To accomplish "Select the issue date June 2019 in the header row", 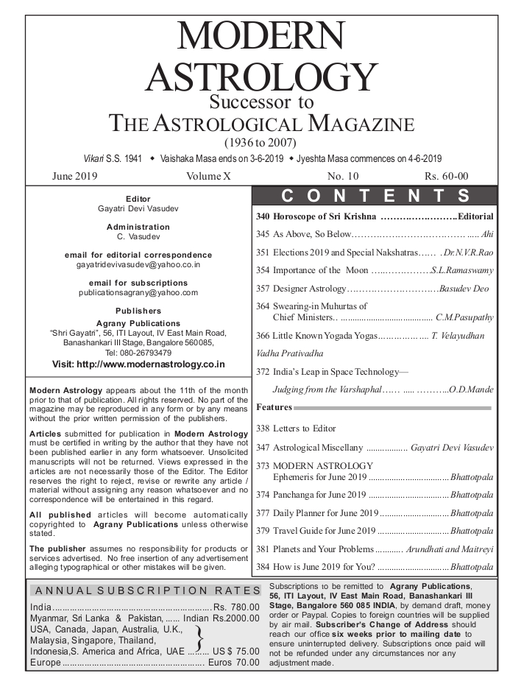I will (x=74, y=177).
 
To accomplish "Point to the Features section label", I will (x=274, y=407).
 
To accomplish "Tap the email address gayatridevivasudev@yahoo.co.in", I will (x=138, y=264).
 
